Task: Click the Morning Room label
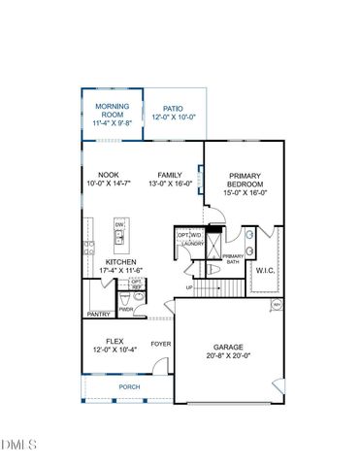click(112, 110)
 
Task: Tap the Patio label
click(174, 109)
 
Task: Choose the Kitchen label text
click(119, 262)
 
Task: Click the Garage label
click(227, 348)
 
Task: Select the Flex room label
click(115, 342)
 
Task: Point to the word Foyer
click(159, 343)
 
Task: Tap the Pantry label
click(99, 315)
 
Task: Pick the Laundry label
click(192, 244)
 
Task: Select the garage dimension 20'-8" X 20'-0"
click(227, 356)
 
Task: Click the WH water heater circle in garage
click(277, 305)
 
